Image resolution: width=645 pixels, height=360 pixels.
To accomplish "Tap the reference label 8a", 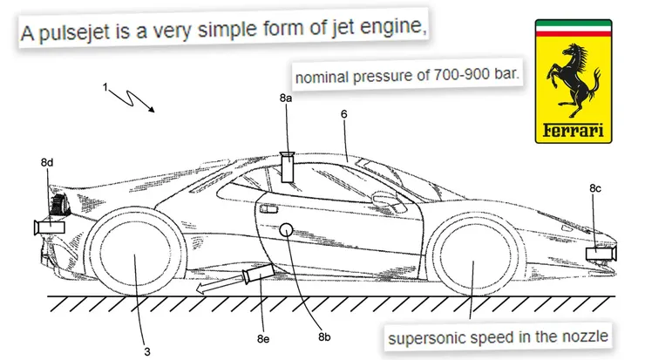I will (286, 101).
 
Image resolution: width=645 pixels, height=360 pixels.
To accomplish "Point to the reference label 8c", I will (595, 187).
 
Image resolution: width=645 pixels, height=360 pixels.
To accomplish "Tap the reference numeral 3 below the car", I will (146, 352).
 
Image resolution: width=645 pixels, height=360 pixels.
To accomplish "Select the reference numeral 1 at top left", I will (105, 87).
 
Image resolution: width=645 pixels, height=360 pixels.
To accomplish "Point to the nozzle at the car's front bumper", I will (601, 255).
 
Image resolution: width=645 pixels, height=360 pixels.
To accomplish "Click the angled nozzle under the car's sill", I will (256, 277).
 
